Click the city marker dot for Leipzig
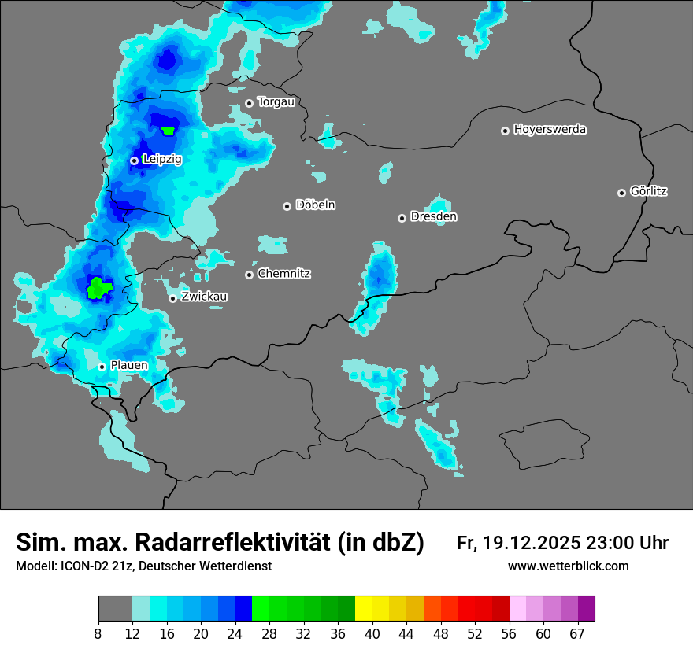point(134,160)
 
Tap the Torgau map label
point(276,101)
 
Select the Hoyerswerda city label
point(550,129)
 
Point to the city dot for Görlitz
point(621,193)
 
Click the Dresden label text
point(434,216)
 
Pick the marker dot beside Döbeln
point(287,206)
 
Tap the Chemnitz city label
point(283,274)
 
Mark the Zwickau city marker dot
point(172,298)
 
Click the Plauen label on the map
point(129,365)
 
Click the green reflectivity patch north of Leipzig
point(168,130)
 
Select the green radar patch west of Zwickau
point(99,287)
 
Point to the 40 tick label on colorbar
point(372,633)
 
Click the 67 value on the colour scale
point(577,633)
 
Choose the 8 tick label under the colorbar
point(98,633)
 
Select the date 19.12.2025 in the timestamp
point(532,543)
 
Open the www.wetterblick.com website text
point(569,566)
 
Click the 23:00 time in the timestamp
point(611,543)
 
